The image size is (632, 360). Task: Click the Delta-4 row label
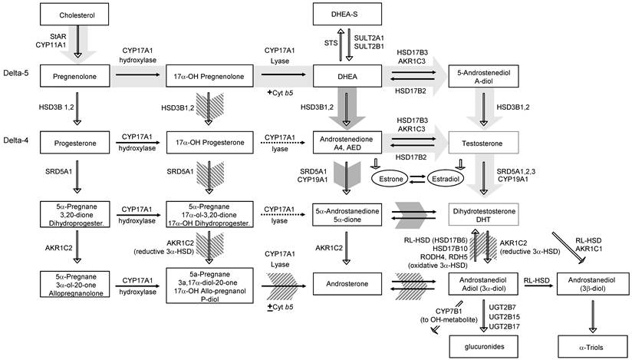16,140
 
